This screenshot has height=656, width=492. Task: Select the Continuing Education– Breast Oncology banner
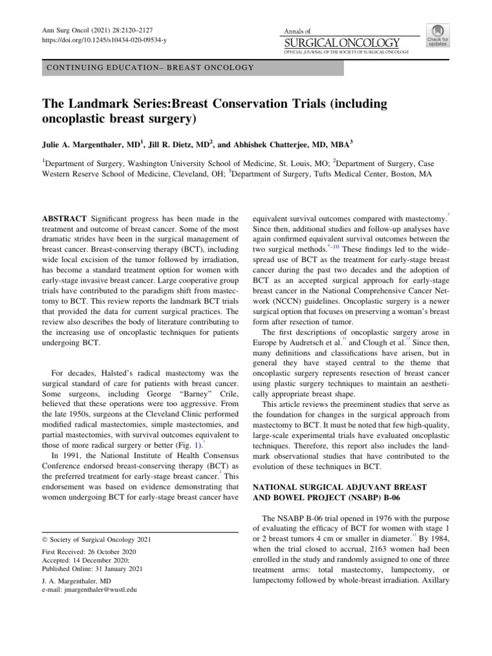[148, 67]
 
